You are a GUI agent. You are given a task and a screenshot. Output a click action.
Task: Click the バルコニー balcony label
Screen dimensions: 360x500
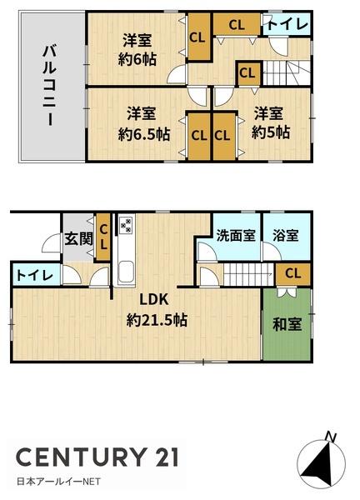coord(50,86)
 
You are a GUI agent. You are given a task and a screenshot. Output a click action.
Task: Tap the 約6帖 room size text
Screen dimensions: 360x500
coord(137,59)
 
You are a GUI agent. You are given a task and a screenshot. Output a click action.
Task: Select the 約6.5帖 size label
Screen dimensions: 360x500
coord(144,134)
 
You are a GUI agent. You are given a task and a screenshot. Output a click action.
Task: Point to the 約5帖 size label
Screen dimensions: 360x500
coord(271,132)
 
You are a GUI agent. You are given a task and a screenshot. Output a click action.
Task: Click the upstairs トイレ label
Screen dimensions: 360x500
coord(287,24)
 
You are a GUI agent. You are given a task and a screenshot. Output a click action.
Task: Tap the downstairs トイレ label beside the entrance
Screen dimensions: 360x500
coord(35,275)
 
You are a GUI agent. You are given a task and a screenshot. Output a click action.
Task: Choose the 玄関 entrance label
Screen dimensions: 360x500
coord(79,238)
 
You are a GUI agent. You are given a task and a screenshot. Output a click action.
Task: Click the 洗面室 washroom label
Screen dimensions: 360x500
coord(236,235)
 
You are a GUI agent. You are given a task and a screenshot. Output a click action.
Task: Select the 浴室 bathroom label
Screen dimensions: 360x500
coord(286,235)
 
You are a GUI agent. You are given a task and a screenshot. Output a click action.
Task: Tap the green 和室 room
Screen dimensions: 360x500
coord(287,324)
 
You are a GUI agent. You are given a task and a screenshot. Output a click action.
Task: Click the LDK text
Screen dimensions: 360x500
coord(154,299)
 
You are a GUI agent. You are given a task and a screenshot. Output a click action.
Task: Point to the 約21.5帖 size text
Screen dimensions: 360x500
coord(157,320)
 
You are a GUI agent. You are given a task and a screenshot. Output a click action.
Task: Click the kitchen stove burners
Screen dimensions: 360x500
coord(126,225)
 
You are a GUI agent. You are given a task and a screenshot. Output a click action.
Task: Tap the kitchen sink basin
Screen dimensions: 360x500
coord(127,272)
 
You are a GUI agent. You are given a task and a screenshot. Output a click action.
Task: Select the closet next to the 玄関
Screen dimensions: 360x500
coord(103,237)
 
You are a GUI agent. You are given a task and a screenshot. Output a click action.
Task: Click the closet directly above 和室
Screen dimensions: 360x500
coord(293,274)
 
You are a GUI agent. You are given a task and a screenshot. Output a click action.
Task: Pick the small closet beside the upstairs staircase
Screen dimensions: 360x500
coord(248,73)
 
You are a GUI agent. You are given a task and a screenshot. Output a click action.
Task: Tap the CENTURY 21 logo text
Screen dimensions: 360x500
coord(97,457)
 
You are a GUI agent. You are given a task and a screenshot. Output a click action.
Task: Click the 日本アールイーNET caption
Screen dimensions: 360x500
coord(58,481)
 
